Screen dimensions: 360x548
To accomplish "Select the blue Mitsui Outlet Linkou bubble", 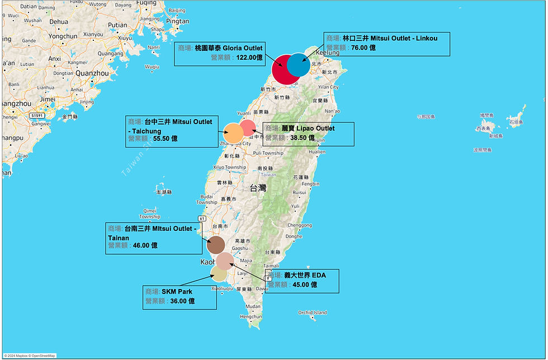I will pos(299,65).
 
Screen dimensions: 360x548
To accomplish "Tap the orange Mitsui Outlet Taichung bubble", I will pos(233,134).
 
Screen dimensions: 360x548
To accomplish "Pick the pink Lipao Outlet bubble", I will pos(247,127).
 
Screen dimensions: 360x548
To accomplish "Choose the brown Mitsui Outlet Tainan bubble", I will pos(216,245).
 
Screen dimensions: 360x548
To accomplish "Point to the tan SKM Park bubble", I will pos(219,273).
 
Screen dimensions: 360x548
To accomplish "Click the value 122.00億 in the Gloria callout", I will pos(249,57).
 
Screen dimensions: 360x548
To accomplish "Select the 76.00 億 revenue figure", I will pos(363,48).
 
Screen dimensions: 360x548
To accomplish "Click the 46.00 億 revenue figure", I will pos(145,245).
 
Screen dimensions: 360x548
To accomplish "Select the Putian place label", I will pos(117,25).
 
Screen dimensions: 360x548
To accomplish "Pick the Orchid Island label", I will pos(313,312).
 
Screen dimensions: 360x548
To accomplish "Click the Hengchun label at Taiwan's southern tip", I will pos(251,316).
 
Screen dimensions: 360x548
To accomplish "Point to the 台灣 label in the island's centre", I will pos(258,188).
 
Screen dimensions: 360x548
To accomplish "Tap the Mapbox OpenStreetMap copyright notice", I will pos(29,356).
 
